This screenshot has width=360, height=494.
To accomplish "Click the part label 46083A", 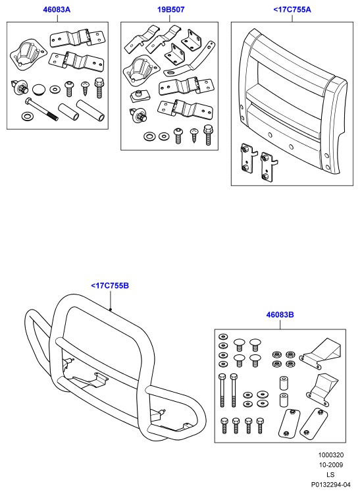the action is point(57,9).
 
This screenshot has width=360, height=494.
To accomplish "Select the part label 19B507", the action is point(171,9).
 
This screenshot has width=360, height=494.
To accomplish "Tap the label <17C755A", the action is point(292,9).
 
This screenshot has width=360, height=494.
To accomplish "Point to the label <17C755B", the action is point(110,286).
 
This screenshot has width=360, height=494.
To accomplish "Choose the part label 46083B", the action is point(280,314).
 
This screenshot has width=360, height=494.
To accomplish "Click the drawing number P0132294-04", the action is point(331,484).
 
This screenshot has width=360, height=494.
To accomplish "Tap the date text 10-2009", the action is point(331,465).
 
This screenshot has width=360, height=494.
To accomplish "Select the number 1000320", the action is point(331,455).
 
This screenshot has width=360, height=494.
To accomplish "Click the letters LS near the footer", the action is point(330,474).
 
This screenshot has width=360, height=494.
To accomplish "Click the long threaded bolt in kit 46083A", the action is point(41,109).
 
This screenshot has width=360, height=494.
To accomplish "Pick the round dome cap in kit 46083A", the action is point(39,89).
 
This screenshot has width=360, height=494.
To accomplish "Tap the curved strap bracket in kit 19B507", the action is point(191,60).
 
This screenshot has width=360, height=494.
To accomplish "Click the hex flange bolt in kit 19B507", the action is point(208,135).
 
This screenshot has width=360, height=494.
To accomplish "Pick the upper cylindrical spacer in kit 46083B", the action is point(284,383).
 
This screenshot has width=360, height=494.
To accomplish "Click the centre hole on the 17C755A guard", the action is point(291,147).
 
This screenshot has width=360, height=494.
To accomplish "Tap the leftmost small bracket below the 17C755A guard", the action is point(247,158).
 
